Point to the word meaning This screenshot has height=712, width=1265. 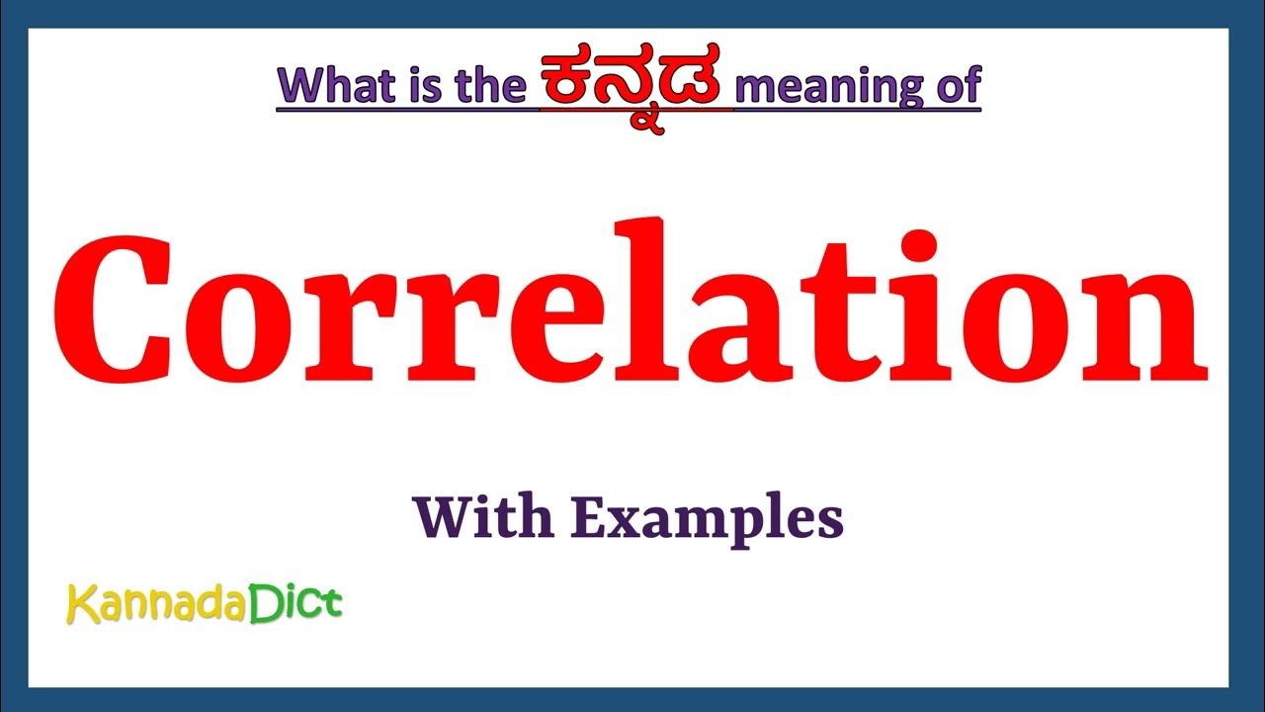click(x=823, y=86)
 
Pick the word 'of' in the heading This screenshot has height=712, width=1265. click(x=957, y=86)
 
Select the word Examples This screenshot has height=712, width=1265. click(x=708, y=519)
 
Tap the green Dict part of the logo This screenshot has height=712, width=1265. click(x=295, y=602)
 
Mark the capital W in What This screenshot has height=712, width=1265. click(x=302, y=86)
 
